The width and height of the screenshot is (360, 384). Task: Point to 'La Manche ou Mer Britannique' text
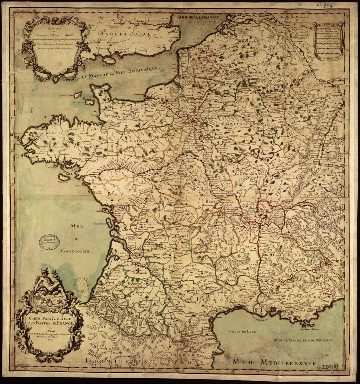click(120, 73)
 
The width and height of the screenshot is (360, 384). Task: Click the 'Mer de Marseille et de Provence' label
click(303, 340)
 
